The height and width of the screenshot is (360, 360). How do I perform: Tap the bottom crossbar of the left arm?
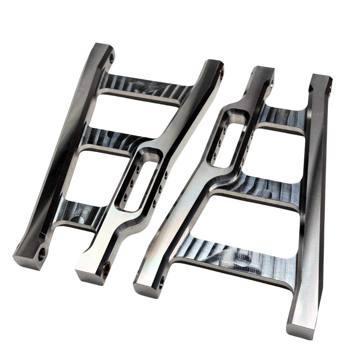coord(83,213)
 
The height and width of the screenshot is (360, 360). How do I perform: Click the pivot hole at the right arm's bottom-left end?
coord(163,281)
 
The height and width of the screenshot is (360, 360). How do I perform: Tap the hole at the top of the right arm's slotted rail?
coord(272,80)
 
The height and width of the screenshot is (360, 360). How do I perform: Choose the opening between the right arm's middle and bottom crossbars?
coord(253,217)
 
